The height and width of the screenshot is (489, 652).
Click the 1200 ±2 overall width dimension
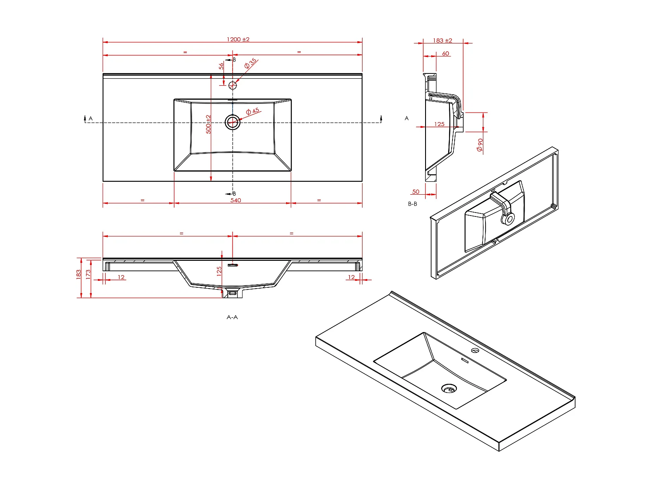[238, 39]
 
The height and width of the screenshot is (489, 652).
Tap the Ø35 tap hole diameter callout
[250, 63]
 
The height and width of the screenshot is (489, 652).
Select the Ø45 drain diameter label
[253, 111]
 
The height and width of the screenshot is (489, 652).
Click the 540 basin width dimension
[236, 200]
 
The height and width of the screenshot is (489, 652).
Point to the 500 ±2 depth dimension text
[208, 124]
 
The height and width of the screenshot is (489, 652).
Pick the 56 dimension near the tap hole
[221, 66]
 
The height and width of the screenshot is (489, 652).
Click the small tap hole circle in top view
[232, 86]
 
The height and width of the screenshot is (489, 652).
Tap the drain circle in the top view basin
[232, 122]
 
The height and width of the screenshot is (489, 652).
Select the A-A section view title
[232, 317]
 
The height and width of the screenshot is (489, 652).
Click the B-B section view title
[412, 204]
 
